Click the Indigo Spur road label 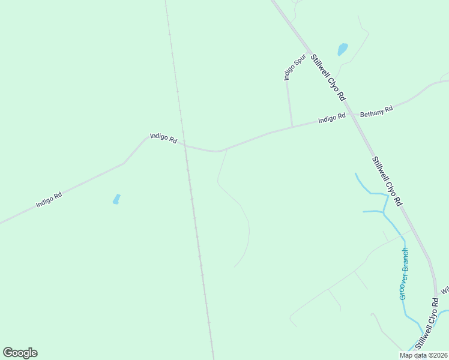[x=295, y=67]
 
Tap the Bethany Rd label [x=376, y=112]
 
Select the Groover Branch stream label [x=404, y=274]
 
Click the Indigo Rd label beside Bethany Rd [x=331, y=118]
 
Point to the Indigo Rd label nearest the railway [x=163, y=139]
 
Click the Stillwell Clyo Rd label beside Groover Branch [x=426, y=325]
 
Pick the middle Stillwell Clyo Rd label [x=386, y=181]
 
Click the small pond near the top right [x=343, y=49]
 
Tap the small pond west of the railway [x=116, y=199]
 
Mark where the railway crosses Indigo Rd [x=184, y=145]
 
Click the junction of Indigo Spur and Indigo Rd [x=292, y=126]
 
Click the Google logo [x=20, y=353]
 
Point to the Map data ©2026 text [x=423, y=355]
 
